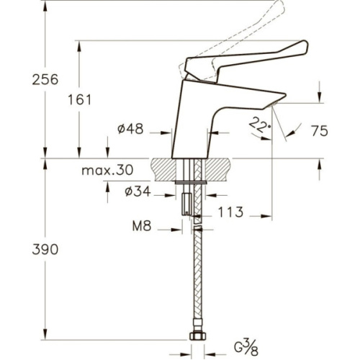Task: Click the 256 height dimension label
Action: coord(45,79)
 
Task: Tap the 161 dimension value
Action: coord(80,100)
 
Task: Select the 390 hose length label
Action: coord(45,249)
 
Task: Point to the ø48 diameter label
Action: coord(130,129)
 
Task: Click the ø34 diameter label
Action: coord(138,192)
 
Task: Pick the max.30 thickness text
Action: coord(107,170)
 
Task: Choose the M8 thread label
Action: coord(142,226)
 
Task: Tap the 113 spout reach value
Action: coord(230,212)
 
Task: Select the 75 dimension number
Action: coord(320,131)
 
